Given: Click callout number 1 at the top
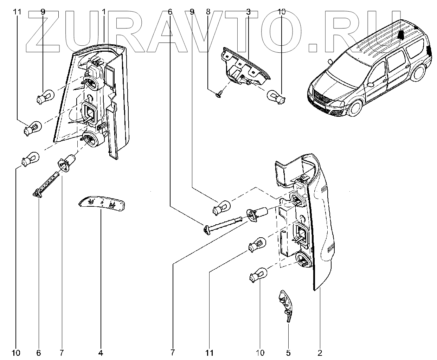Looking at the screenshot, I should coord(104,12).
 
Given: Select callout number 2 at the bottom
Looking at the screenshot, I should coord(320,352).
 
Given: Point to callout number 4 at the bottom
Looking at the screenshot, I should coord(101,352).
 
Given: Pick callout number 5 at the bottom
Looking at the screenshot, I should coord(288,352).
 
